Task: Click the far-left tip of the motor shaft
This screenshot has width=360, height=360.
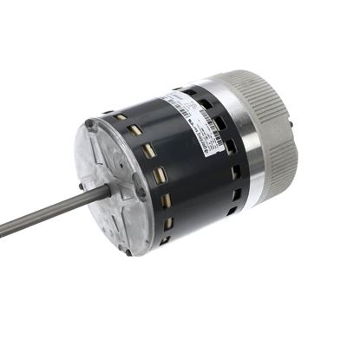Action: (2, 232)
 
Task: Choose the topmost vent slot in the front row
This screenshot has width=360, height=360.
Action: (121, 116)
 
